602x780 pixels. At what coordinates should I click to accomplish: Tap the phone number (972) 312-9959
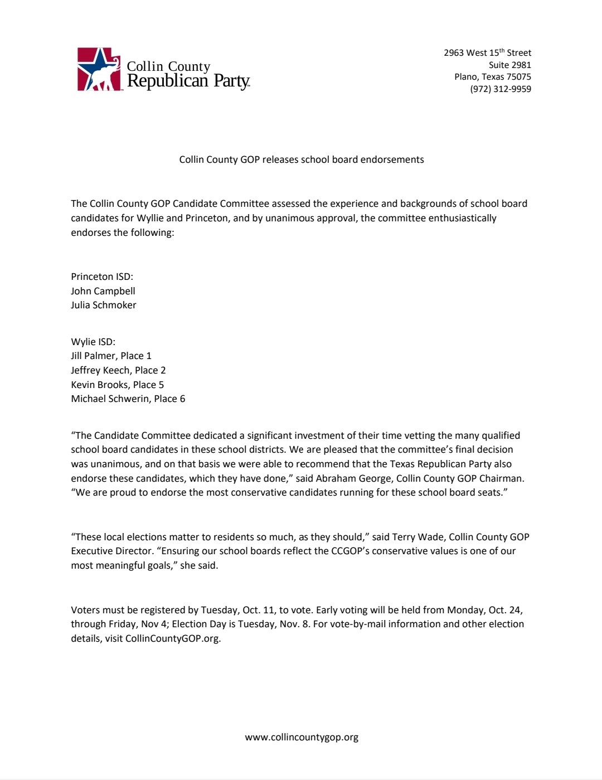(x=500, y=89)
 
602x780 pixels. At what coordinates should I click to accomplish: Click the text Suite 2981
(x=509, y=65)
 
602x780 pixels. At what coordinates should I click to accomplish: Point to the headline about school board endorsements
(x=301, y=159)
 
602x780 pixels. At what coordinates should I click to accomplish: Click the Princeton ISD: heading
(x=102, y=277)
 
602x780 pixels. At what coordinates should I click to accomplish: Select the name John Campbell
(x=103, y=291)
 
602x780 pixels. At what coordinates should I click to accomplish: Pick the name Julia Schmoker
(x=104, y=305)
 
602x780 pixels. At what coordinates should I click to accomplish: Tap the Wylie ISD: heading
(x=93, y=342)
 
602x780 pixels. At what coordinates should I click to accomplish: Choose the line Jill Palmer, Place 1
(x=111, y=356)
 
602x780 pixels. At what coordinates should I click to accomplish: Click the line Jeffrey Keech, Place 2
(x=118, y=370)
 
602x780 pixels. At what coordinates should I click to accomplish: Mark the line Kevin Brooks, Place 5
(x=117, y=385)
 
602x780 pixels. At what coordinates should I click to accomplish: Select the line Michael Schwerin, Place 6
(x=128, y=399)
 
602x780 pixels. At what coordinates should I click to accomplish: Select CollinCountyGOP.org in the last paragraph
(x=173, y=638)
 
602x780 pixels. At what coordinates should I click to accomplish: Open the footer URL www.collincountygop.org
(x=302, y=737)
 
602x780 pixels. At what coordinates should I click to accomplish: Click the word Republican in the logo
(x=167, y=81)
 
